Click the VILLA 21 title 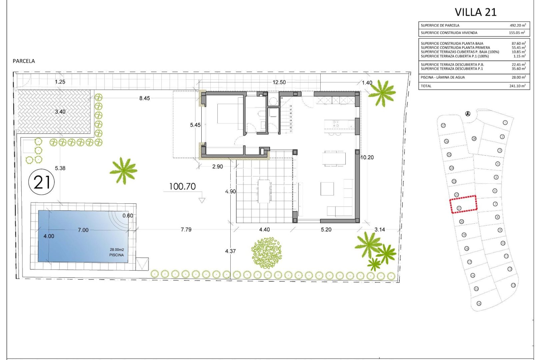(475, 12)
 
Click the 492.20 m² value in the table (518, 25)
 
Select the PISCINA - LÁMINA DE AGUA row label (442, 77)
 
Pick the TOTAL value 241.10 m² (515, 86)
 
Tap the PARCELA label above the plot (24, 61)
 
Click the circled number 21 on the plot (42, 182)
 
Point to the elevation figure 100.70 (182, 187)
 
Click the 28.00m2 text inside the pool (117, 250)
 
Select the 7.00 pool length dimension (83, 230)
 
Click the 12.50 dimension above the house (279, 82)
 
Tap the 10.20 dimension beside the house (367, 157)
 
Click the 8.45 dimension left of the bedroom (144, 98)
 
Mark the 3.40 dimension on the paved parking (60, 112)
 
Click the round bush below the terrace (266, 253)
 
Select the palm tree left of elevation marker (123, 170)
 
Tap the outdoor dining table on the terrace (264, 191)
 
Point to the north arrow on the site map (468, 114)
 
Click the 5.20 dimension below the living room (326, 230)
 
